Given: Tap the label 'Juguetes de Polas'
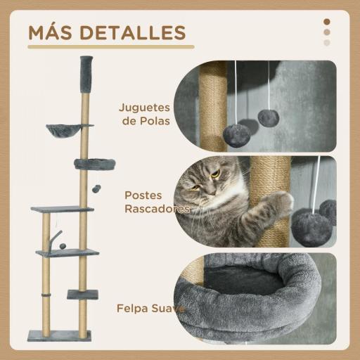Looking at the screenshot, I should tap(146, 115).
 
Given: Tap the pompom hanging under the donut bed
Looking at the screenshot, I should tap(97, 188).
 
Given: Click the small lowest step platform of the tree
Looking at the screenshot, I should tap(82, 294).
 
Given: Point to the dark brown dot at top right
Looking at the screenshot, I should tap(326, 21).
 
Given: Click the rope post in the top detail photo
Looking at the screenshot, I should tap(214, 105).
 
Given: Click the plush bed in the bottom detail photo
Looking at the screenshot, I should tap(260, 288).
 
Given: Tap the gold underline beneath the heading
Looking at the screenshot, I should tap(110, 48).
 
